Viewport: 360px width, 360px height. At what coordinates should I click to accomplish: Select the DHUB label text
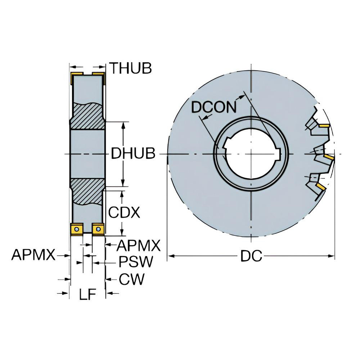coord(133,154)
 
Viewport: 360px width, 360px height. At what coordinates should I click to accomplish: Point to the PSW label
coord(136,262)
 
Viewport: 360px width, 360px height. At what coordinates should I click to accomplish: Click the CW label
coord(131,279)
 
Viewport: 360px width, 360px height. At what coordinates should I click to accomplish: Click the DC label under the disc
coord(251,256)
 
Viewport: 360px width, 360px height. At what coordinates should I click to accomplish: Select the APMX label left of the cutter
coord(33,255)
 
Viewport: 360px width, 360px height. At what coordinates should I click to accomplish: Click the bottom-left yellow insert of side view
coord(76,229)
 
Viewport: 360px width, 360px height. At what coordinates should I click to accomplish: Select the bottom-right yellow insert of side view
coord(98,229)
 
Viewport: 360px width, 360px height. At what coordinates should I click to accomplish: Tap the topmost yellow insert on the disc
coord(324,126)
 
